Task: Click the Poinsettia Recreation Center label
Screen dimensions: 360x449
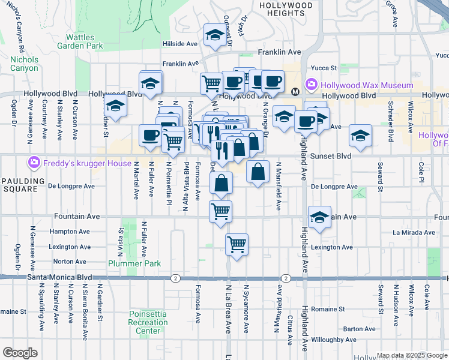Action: tap(148, 323)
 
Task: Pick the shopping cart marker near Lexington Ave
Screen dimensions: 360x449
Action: tap(237, 244)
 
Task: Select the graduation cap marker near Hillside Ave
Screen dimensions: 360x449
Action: tap(214, 35)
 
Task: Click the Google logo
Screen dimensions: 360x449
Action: tap(20, 352)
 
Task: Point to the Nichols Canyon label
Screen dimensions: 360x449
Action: tap(24, 64)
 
